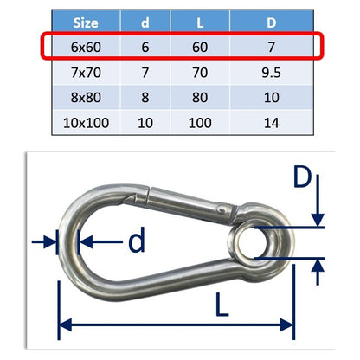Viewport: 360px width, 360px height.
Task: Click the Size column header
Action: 86,22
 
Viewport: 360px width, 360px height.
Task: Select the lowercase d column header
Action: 145,22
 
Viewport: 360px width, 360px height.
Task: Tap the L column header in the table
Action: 200,22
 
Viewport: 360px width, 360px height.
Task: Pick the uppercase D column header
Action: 271,22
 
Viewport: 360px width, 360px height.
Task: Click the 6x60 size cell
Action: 86,47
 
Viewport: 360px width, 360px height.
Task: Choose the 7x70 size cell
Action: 86,72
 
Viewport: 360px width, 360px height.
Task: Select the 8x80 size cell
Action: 86,97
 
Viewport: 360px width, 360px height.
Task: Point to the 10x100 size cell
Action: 86,123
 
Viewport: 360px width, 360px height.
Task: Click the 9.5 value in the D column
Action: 271,72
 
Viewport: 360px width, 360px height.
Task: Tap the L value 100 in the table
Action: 200,123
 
